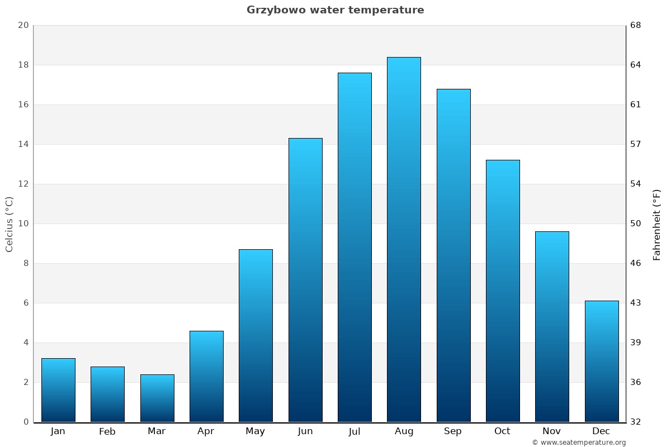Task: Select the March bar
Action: point(157,398)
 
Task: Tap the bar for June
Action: point(305,279)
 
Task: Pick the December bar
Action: point(602,361)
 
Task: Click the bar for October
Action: point(503,291)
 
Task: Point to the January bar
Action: point(58,390)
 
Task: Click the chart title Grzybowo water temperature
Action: point(335,10)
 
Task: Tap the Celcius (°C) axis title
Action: point(9,224)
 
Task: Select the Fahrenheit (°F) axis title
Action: point(656,224)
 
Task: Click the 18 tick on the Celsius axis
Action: point(23,65)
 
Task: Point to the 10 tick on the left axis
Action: point(23,223)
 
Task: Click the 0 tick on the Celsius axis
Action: point(26,422)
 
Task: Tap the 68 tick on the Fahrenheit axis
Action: point(636,25)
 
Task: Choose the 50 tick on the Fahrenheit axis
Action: point(636,223)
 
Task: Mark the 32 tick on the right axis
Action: point(636,422)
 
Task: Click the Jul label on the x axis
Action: point(355,431)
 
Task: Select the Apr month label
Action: point(206,431)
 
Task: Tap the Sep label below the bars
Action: point(453,431)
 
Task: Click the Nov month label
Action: point(552,431)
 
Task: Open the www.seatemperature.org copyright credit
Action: point(579,443)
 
